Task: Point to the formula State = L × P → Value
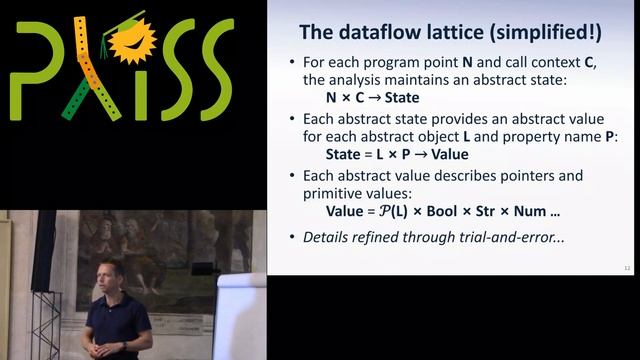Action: tap(398, 155)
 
